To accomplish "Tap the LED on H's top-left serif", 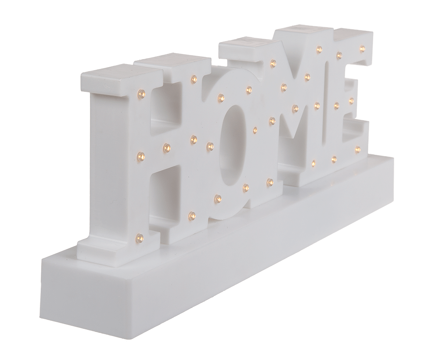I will [x=141, y=93].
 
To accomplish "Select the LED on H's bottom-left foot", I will [x=140, y=237].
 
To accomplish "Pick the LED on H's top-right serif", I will [x=193, y=79].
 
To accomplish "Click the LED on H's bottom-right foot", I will [x=192, y=215].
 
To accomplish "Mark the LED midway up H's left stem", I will [x=141, y=155].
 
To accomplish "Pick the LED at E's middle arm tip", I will [x=351, y=101].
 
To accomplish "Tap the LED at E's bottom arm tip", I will [x=358, y=149].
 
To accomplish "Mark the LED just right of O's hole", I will [x=255, y=130].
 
